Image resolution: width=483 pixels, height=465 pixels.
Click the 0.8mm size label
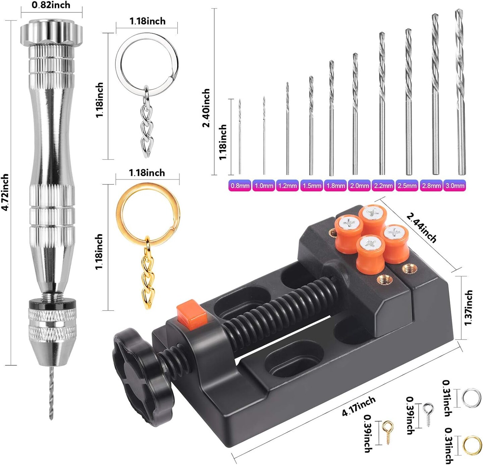tap(240, 186)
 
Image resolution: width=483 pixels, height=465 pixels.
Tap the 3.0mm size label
tap(455, 186)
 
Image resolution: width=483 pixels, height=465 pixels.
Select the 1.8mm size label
tap(335, 186)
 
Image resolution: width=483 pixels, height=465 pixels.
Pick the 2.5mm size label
tap(407, 186)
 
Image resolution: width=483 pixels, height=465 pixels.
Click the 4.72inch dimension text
tap(5, 192)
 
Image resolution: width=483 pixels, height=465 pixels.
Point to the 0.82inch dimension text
tap(51, 5)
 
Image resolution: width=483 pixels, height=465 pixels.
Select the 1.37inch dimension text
tap(469, 308)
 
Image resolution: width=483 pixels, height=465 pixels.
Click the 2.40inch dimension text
tap(206, 108)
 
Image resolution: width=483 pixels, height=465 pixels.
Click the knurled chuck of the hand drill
tap(52, 324)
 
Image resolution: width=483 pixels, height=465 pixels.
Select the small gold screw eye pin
tap(388, 431)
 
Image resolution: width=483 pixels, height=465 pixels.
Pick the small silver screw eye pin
tap(428, 413)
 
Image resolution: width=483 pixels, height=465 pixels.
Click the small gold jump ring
tap(472, 445)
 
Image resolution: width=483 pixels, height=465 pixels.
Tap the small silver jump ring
tap(472, 398)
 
